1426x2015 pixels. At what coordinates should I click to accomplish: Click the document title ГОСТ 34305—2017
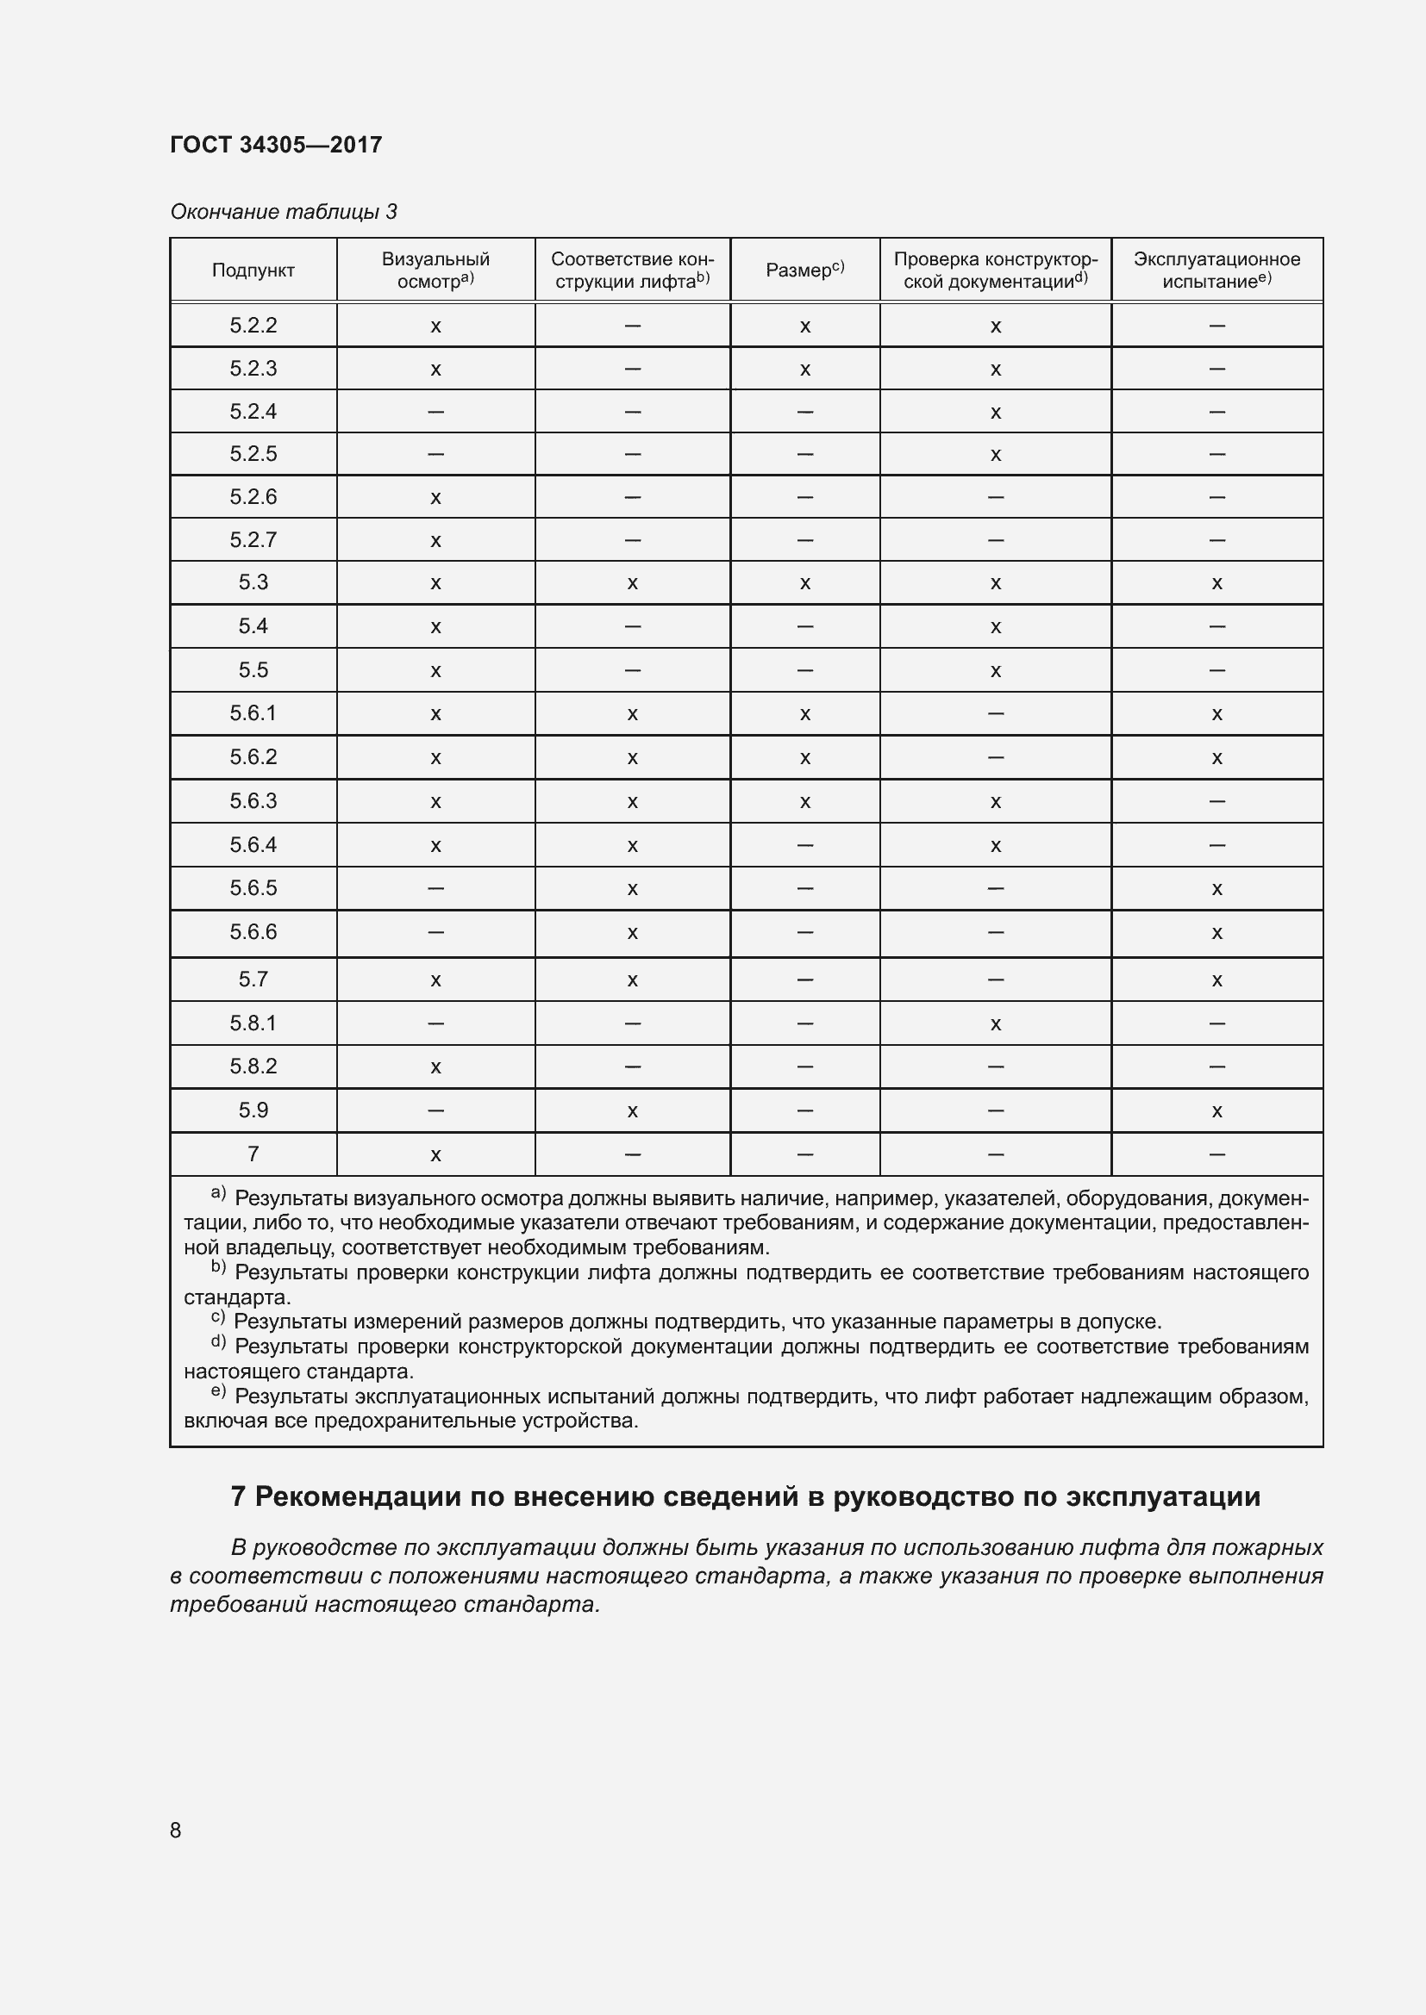(276, 145)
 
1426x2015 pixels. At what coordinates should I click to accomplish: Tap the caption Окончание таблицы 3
(283, 212)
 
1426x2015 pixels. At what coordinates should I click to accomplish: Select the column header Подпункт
(253, 271)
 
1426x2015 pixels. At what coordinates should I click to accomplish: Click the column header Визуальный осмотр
(435, 270)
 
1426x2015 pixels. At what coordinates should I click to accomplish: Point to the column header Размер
(804, 271)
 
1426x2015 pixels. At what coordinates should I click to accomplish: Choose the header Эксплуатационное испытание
(1216, 270)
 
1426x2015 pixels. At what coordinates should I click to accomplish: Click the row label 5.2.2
(253, 326)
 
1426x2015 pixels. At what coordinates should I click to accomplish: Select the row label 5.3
(253, 582)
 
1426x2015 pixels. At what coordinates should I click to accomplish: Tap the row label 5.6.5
(253, 888)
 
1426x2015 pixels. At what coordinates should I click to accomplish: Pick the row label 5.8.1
(253, 1023)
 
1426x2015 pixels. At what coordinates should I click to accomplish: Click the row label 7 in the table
(253, 1154)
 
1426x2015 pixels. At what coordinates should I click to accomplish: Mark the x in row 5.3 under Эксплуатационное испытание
(1216, 583)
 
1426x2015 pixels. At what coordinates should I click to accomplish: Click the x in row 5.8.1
(995, 1024)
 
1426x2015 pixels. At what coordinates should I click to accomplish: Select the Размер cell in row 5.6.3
(804, 802)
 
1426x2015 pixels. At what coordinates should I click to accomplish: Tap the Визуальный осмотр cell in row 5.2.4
(435, 412)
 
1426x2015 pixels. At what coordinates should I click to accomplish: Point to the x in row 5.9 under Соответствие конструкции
(632, 1112)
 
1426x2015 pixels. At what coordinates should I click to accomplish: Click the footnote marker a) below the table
(218, 1193)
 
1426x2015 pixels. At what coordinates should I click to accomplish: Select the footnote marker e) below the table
(218, 1391)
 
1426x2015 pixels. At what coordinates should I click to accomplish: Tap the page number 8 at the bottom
(176, 1830)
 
